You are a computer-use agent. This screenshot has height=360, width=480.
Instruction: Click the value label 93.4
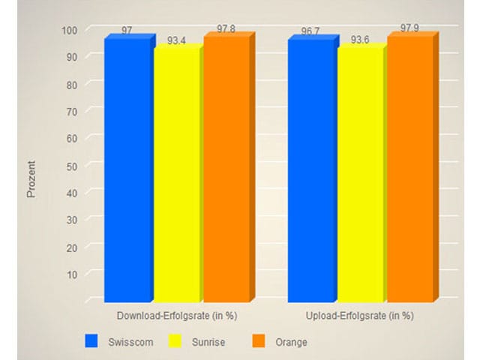pos(177,40)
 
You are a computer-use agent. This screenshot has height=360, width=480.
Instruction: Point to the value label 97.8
pos(226,28)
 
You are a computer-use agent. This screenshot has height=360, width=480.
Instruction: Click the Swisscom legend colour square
pos(92,341)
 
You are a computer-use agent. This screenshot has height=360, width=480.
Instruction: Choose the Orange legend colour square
pos(259,341)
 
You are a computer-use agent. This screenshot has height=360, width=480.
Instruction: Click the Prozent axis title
pos(31,181)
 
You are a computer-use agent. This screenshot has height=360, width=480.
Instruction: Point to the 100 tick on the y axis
pos(70,30)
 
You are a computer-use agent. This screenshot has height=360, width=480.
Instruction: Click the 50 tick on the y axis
pos(72,166)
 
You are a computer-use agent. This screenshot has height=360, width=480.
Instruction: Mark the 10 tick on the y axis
pos(72,274)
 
